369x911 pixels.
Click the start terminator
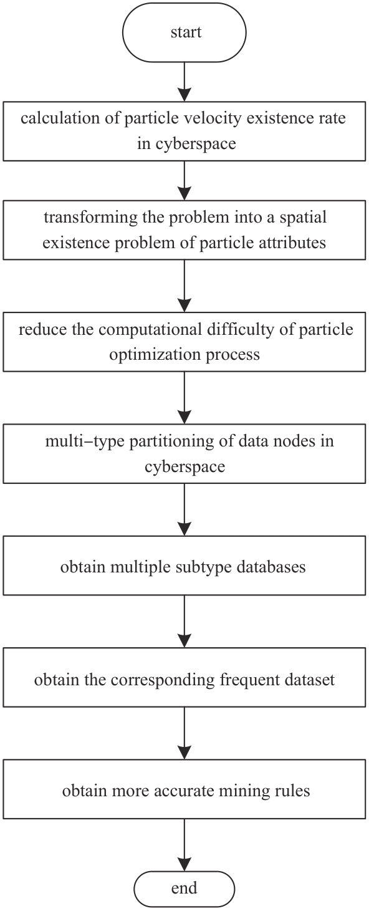pos(184,32)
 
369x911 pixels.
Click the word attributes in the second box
pos(292,243)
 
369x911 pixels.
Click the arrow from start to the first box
pos(184,81)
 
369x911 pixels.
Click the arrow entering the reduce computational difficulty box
pos(184,286)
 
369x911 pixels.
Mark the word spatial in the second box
pos(303,217)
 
